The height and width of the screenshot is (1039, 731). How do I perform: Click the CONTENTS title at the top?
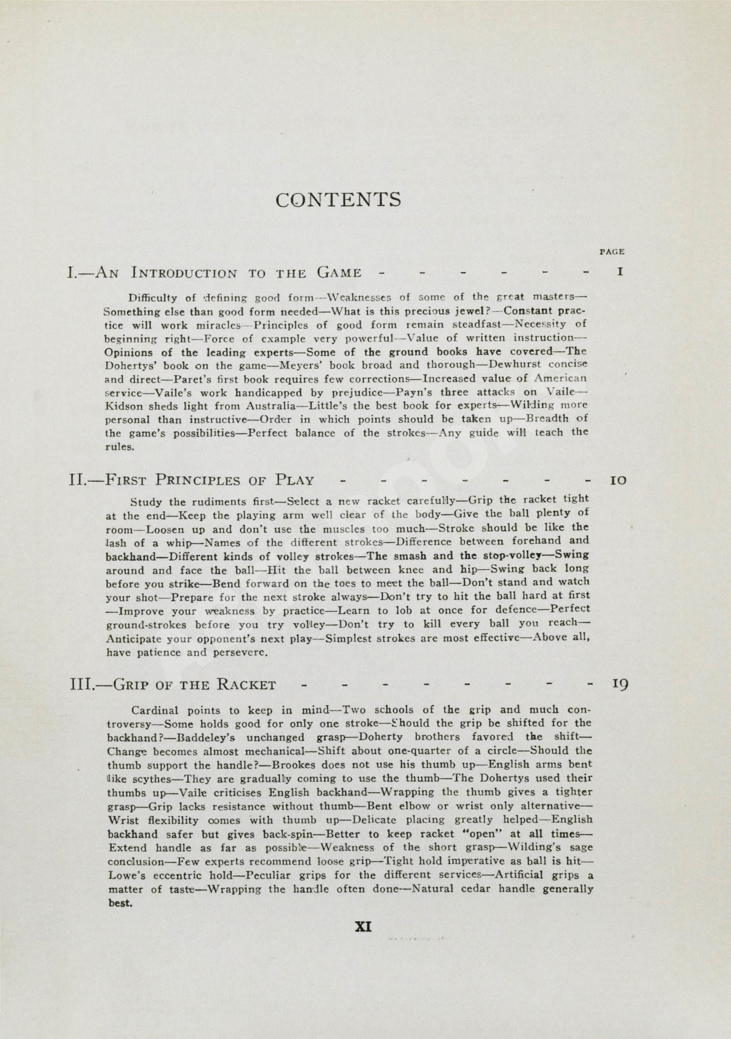pos(338,200)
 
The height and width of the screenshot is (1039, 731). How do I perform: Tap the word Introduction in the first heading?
pos(183,273)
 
